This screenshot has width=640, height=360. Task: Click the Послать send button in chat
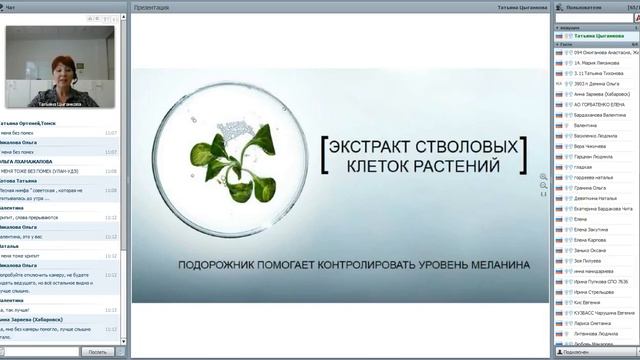[x=97, y=352]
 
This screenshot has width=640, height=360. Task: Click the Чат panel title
[x=24, y=7]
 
